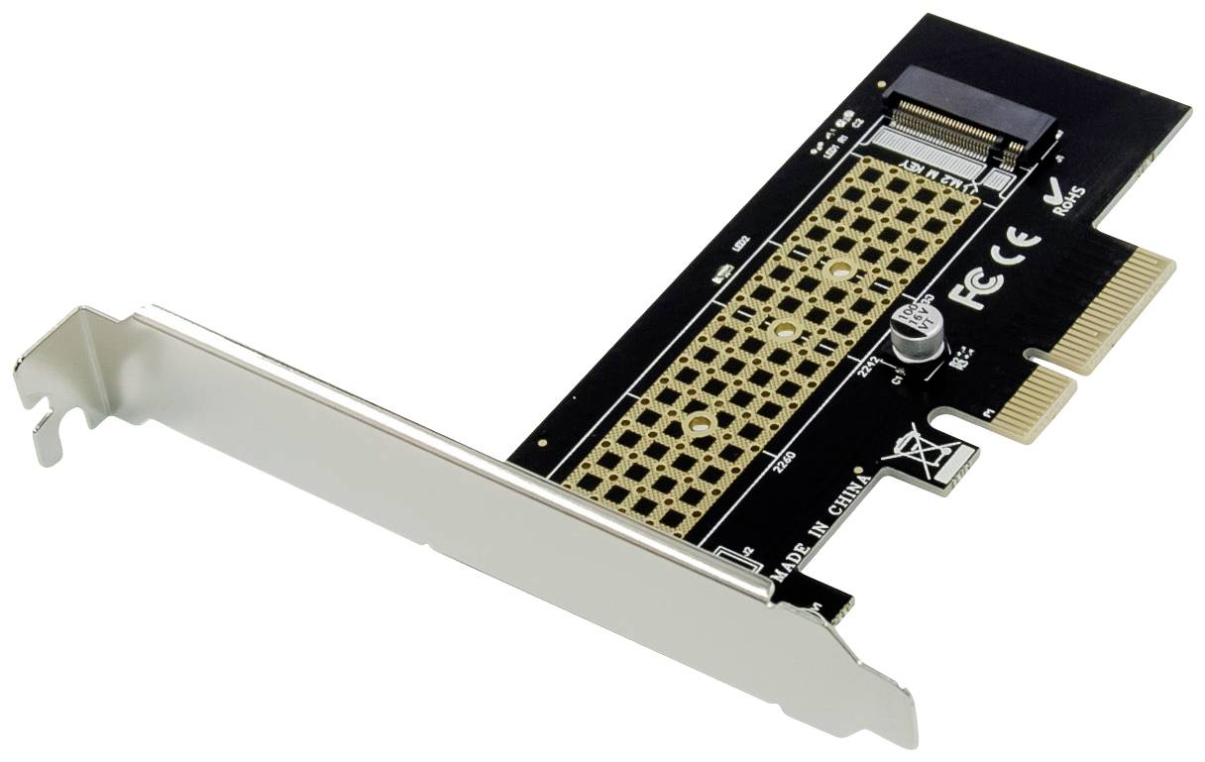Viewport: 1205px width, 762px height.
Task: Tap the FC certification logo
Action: tap(975, 287)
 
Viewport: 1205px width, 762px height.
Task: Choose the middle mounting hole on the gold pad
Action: tap(784, 330)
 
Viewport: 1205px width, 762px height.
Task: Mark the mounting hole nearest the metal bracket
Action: tap(701, 425)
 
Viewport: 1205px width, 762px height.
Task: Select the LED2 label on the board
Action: tap(737, 245)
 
